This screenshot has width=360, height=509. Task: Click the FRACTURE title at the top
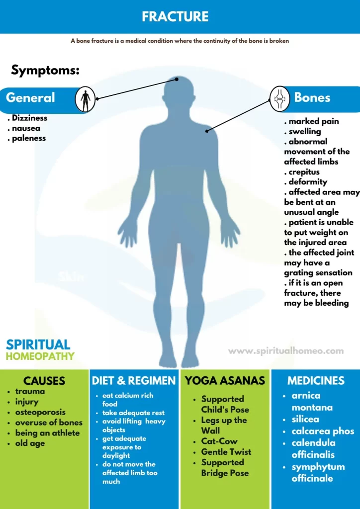point(175,16)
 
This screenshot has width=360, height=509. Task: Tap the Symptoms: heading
point(45,70)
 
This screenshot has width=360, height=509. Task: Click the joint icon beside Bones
point(280,99)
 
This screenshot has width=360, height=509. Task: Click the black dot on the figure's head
point(177,79)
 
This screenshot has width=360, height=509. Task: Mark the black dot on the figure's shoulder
point(207,131)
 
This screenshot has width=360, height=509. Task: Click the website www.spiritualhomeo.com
point(286,351)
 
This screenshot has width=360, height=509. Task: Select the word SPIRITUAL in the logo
point(38,345)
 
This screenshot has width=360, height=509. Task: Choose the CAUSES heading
point(44,380)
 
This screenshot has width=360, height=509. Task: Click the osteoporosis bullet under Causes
point(40,412)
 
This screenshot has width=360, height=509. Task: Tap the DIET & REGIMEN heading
point(134,380)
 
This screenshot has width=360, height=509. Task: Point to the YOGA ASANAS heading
point(225,380)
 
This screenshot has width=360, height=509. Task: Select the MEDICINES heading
point(316,380)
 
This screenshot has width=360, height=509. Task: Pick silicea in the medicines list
point(305,420)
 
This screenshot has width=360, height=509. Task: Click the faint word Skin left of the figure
point(71,277)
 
